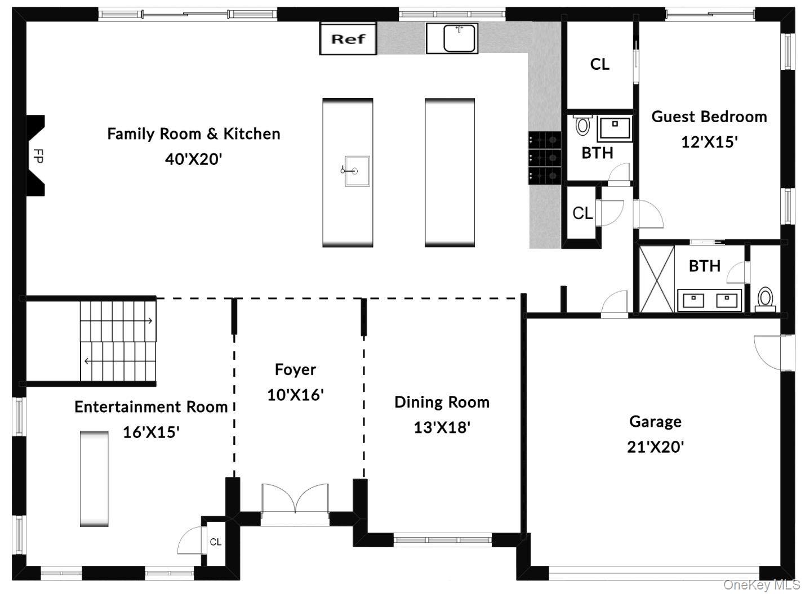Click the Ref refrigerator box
[348, 39]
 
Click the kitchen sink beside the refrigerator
[452, 38]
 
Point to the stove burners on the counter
[544, 158]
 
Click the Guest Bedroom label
[709, 117]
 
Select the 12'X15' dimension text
[709, 142]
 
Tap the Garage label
[655, 421]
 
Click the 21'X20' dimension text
[655, 447]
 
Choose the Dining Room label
[442, 402]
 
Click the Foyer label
[295, 369]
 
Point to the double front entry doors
[295, 500]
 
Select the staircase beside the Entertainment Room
[117, 341]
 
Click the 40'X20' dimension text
[193, 159]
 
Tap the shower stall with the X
[657, 278]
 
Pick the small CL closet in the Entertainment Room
[215, 542]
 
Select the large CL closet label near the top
[599, 64]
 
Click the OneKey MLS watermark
[761, 585]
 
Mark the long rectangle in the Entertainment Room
[94, 479]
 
